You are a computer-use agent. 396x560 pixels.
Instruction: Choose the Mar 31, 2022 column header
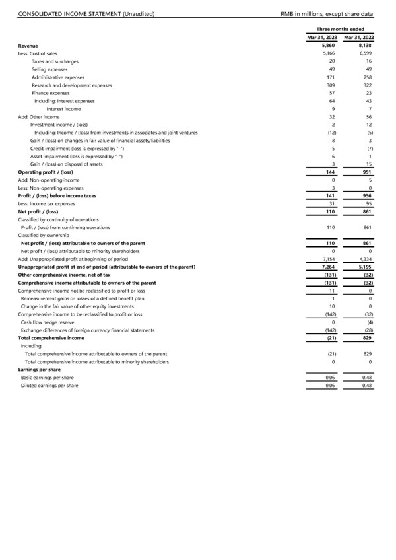358,38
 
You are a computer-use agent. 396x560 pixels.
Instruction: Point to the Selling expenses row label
55,69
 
